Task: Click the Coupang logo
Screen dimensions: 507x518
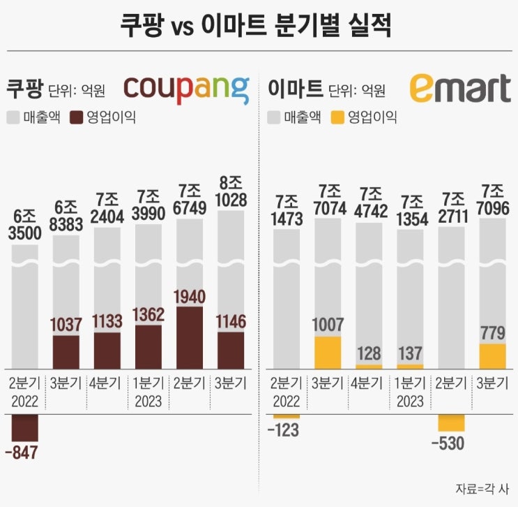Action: [x=186, y=88]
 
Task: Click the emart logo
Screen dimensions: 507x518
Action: [x=460, y=88]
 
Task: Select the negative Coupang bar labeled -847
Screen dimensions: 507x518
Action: [x=24, y=427]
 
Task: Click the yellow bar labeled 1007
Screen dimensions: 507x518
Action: [x=328, y=352]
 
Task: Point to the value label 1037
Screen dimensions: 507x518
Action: [x=66, y=325]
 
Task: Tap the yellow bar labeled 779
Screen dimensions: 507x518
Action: [x=493, y=355]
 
